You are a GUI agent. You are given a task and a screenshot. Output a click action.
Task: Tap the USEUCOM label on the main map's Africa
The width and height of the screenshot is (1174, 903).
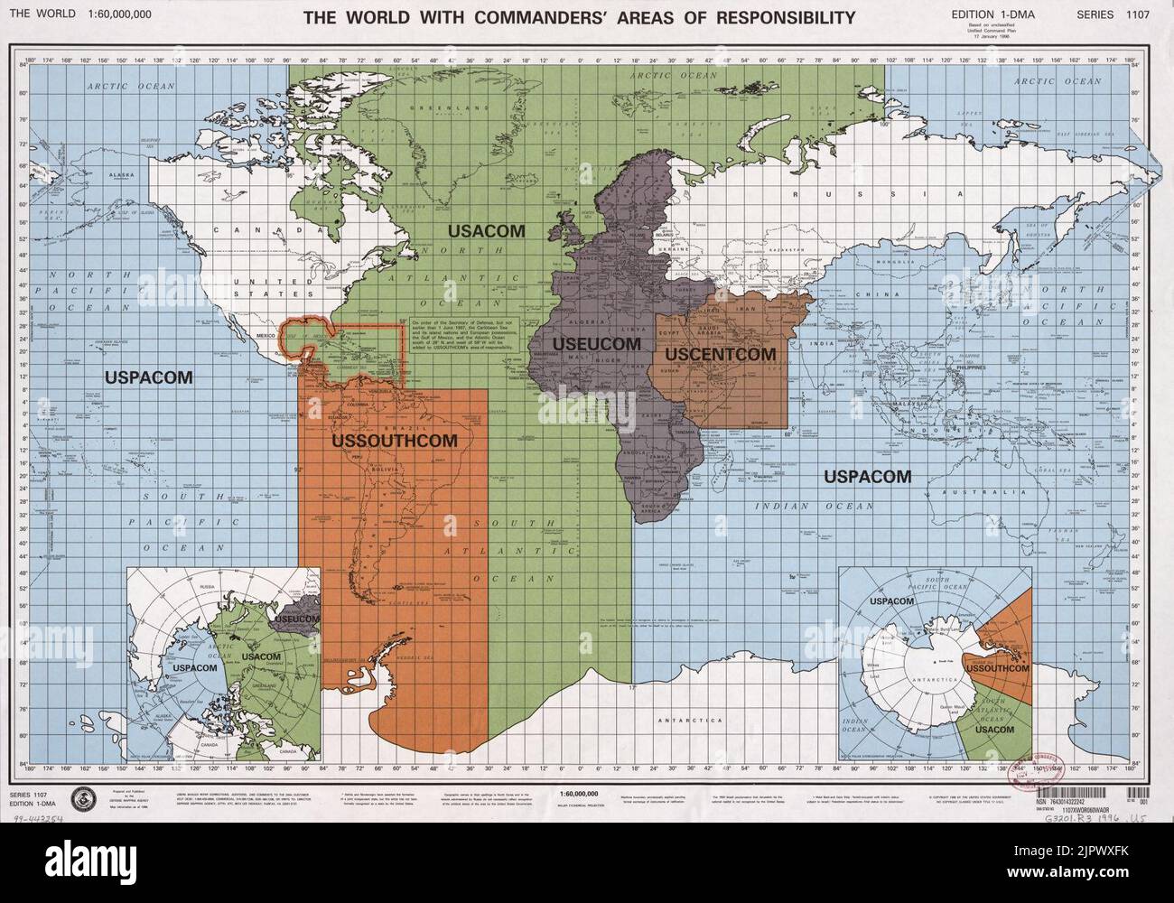[596, 344]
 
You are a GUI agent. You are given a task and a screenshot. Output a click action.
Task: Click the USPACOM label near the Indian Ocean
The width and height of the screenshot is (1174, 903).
[866, 476]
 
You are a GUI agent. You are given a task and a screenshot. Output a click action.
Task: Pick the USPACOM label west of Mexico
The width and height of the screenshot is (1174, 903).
[148, 377]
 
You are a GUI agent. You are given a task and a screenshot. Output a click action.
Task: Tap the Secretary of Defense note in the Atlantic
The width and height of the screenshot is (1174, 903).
[473, 340]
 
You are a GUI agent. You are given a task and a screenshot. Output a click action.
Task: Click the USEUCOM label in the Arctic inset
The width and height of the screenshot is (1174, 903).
[295, 619]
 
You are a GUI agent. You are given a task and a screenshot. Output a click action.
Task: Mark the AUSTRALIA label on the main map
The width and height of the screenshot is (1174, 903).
[970, 492]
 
